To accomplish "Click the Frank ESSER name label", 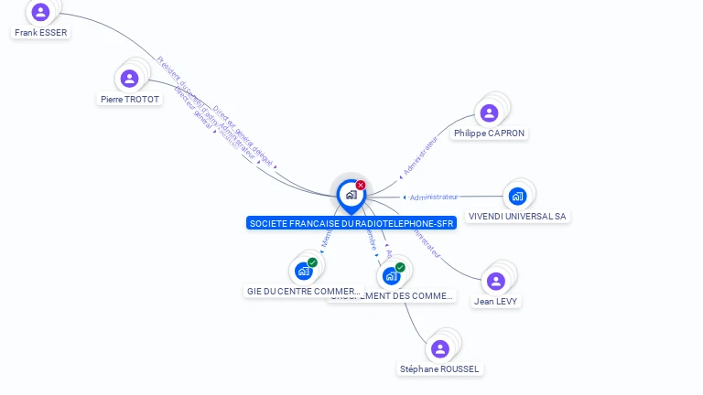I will [x=41, y=32].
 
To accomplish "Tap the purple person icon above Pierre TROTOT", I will [x=129, y=79].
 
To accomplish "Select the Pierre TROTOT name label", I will [x=129, y=99].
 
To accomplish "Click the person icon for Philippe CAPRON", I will [x=489, y=112].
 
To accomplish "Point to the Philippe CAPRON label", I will [x=490, y=133].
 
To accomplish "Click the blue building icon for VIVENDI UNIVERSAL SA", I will [x=517, y=196].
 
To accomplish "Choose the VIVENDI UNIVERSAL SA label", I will [x=517, y=217].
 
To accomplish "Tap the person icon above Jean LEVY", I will [x=496, y=281].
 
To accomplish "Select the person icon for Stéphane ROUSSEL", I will [x=440, y=348].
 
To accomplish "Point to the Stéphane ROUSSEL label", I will [x=440, y=368].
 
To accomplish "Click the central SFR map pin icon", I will [x=351, y=195].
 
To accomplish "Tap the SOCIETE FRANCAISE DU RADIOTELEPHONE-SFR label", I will [x=351, y=223].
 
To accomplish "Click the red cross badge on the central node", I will [x=361, y=185].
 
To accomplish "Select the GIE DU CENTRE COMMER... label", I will [x=303, y=292].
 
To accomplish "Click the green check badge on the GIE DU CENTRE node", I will [x=312, y=262].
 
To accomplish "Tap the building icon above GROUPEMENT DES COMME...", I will [x=391, y=275].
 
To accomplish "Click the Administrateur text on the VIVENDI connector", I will [x=434, y=197].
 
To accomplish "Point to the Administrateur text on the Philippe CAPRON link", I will [x=422, y=155].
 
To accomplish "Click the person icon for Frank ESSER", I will [x=40, y=12].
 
